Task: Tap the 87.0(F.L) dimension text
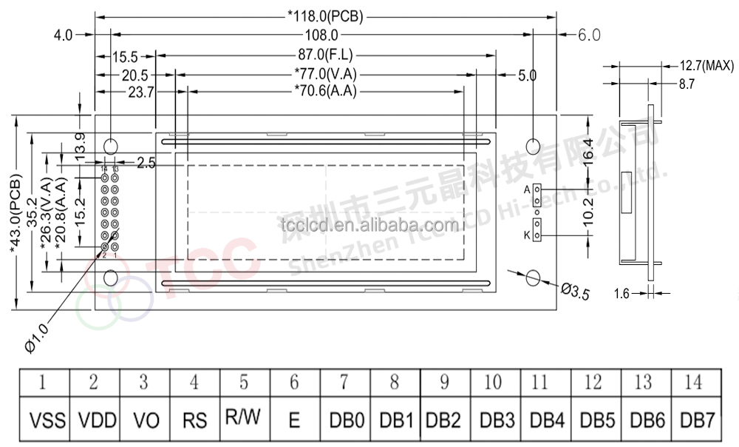pos(324,55)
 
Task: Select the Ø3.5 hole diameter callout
pos(575,292)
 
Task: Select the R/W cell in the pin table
pos(244,417)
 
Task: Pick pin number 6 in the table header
pos(294,383)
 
